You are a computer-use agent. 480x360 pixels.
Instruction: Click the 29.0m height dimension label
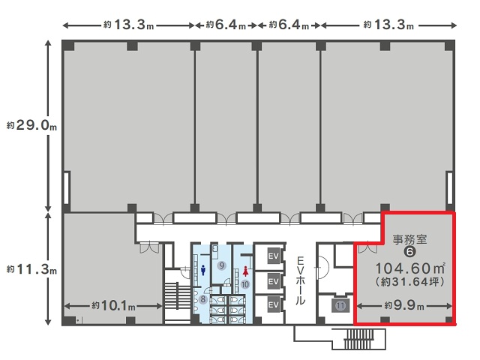[31, 125]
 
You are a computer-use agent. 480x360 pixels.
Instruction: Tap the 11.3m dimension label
[31, 270]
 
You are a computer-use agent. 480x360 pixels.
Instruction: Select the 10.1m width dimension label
[113, 305]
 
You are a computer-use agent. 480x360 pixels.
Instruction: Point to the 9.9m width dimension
[404, 305]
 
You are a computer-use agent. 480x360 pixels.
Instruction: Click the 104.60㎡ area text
[410, 268]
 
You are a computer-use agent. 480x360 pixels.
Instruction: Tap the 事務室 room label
[409, 239]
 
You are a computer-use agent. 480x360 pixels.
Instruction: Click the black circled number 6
[409, 252]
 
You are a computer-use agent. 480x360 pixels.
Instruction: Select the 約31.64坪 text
[410, 282]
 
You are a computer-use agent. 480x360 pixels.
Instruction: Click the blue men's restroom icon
[203, 270]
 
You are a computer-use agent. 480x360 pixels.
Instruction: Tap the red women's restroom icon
[245, 271]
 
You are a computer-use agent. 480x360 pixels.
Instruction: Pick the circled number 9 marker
[222, 265]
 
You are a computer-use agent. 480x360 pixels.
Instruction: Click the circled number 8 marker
[203, 299]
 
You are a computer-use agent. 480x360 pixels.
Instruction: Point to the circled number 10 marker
[245, 284]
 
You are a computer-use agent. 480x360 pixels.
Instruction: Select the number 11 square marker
[340, 306]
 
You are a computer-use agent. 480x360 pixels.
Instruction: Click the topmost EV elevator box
[273, 255]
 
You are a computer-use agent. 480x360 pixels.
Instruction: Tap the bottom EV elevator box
[273, 305]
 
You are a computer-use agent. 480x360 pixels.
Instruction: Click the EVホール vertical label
[300, 280]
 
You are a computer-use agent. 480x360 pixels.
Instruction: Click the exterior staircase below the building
[359, 339]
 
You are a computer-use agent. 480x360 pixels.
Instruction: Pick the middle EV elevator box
[273, 281]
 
